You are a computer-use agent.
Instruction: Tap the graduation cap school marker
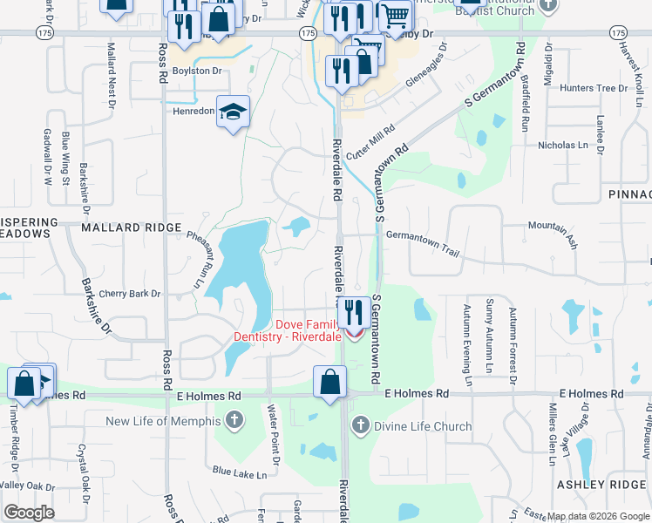(233, 112)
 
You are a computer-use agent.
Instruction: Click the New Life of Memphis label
(163, 422)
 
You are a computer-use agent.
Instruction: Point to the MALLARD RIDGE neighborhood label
(123, 228)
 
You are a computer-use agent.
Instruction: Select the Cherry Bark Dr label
(130, 295)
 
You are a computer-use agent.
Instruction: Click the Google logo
(30, 513)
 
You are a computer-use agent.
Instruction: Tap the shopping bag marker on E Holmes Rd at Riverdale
(330, 382)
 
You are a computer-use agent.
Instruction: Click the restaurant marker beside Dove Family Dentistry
(352, 311)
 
